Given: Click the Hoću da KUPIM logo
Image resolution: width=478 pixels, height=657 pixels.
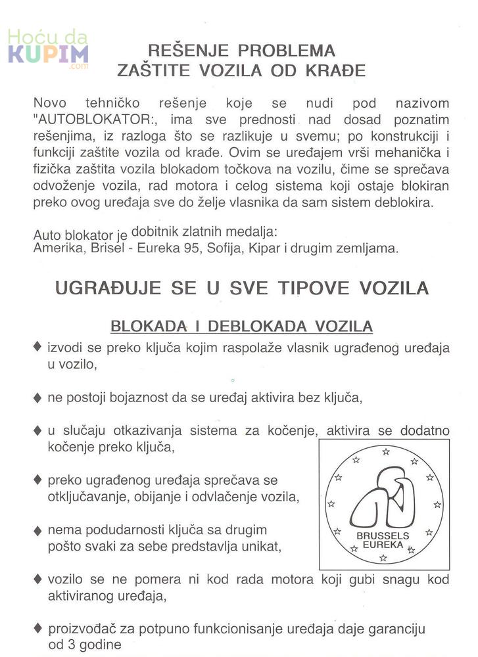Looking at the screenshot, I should (48, 50).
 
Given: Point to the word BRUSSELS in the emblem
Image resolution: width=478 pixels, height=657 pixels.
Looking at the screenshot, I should (382, 535).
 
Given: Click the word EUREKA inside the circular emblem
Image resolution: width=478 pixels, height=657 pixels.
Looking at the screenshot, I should (382, 545).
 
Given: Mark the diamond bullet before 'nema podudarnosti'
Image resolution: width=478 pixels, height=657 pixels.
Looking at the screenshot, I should (38, 530).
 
